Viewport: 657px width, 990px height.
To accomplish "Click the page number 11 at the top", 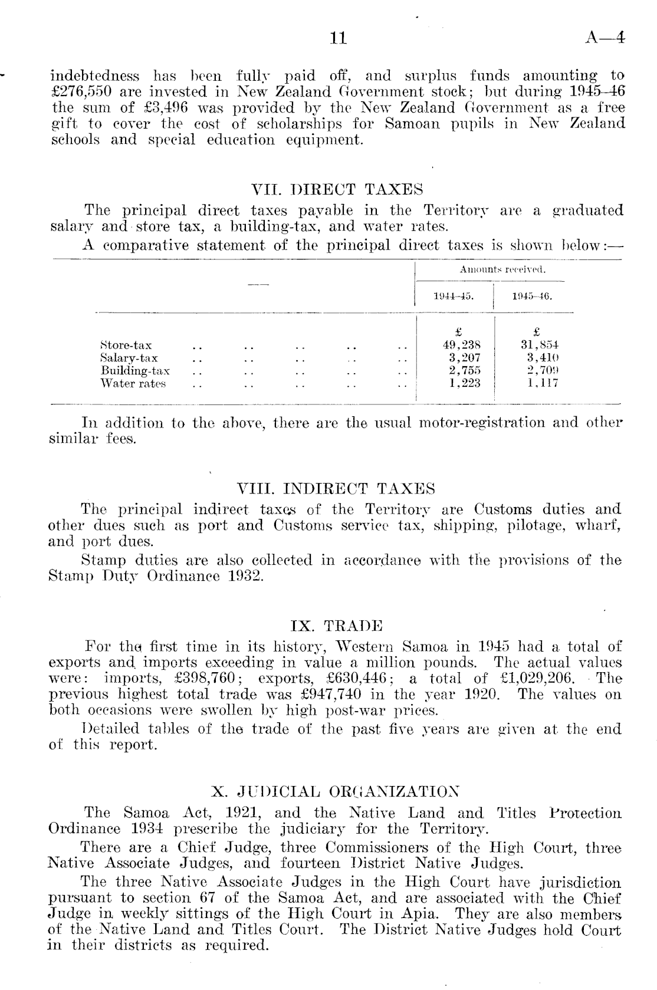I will click(339, 39).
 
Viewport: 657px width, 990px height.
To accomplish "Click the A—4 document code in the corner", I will click(605, 39).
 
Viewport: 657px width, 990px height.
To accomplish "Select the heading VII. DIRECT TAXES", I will click(337, 190).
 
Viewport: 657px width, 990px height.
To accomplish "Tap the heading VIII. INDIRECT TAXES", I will click(335, 489).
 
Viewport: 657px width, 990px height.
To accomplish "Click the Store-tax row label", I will click(126, 346).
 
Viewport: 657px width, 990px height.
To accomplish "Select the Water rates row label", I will click(133, 384).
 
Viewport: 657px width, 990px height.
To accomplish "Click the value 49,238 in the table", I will click(462, 346).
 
